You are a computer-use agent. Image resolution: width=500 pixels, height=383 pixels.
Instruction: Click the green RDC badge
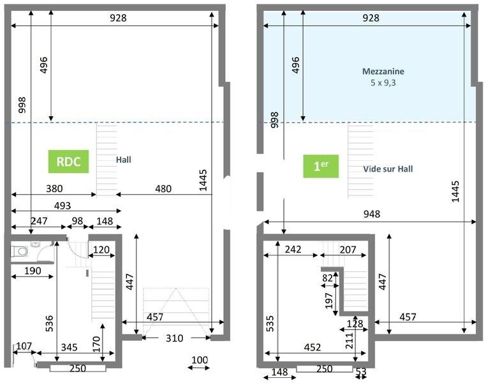(x=68, y=162)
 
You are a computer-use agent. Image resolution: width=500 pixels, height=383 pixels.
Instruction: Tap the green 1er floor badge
(x=320, y=167)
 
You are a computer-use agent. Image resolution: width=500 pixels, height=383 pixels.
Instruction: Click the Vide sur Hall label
(x=388, y=169)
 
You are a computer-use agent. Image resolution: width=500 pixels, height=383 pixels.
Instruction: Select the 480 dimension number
(x=164, y=188)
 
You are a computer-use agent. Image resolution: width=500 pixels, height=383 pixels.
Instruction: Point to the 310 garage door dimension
(x=173, y=338)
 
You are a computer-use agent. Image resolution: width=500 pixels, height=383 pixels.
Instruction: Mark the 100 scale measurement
(x=200, y=361)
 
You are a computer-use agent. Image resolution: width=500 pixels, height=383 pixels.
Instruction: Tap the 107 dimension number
(x=24, y=346)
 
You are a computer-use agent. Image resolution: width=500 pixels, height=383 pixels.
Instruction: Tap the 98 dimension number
(x=77, y=222)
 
